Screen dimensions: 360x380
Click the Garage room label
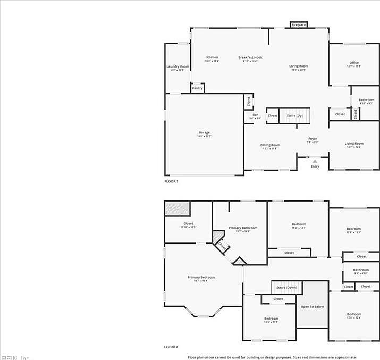click(204, 133)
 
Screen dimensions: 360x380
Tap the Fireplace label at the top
click(299, 24)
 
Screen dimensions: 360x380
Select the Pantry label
click(197, 88)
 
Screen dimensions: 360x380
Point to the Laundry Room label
click(178, 67)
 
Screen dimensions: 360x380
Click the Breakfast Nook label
click(250, 57)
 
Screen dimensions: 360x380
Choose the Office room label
click(354, 63)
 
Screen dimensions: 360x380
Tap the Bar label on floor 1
click(255, 115)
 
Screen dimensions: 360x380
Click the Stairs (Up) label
click(294, 115)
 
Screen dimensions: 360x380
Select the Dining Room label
click(270, 145)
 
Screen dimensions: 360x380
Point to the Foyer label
click(313, 139)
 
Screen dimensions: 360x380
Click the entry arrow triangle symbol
click(315, 161)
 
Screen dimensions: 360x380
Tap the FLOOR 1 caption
click(171, 181)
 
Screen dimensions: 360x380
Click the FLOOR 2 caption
click(171, 347)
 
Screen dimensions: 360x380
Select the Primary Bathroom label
click(243, 228)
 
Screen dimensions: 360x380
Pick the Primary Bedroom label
click(201, 277)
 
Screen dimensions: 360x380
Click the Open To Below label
click(312, 307)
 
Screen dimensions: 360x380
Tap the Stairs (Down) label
click(287, 288)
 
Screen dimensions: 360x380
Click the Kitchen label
click(212, 57)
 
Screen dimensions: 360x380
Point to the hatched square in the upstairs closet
click(177, 208)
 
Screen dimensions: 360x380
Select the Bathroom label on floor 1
click(366, 100)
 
